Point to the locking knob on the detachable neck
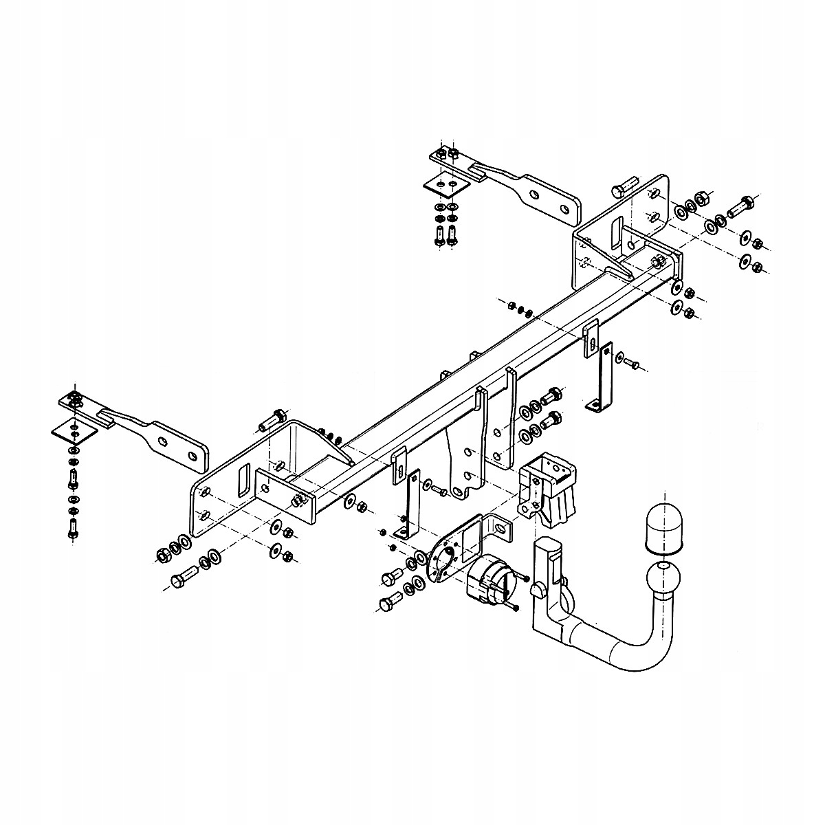click(538, 588)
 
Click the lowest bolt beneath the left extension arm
click(74, 530)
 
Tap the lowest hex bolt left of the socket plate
click(387, 606)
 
